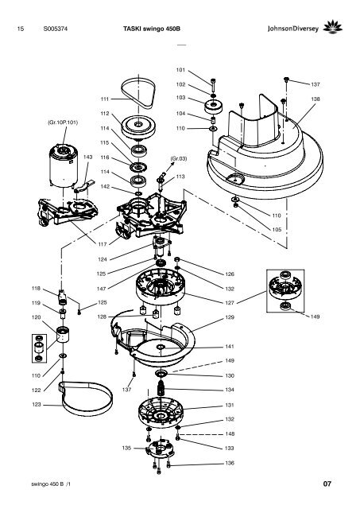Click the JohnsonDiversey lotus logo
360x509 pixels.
(x=333, y=27)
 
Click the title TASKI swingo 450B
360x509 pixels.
(x=152, y=29)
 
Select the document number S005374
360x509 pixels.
(x=56, y=29)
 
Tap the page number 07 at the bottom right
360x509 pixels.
(x=327, y=484)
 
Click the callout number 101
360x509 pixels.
(x=180, y=70)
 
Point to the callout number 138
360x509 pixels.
(x=315, y=99)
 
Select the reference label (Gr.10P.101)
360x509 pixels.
(x=63, y=122)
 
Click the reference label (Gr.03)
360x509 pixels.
(x=179, y=159)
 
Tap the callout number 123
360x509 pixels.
(x=37, y=405)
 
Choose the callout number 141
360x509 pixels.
(x=230, y=347)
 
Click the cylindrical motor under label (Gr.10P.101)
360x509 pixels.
(x=64, y=166)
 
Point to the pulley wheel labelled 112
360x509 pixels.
(x=138, y=126)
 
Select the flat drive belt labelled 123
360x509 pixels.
(x=87, y=399)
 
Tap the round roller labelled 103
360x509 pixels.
(x=214, y=107)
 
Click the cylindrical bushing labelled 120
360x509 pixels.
(x=63, y=335)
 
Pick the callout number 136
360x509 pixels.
(x=230, y=463)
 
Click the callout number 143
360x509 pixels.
(x=88, y=157)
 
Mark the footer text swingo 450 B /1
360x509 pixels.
(x=51, y=484)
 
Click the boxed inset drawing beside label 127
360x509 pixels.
(x=285, y=291)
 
